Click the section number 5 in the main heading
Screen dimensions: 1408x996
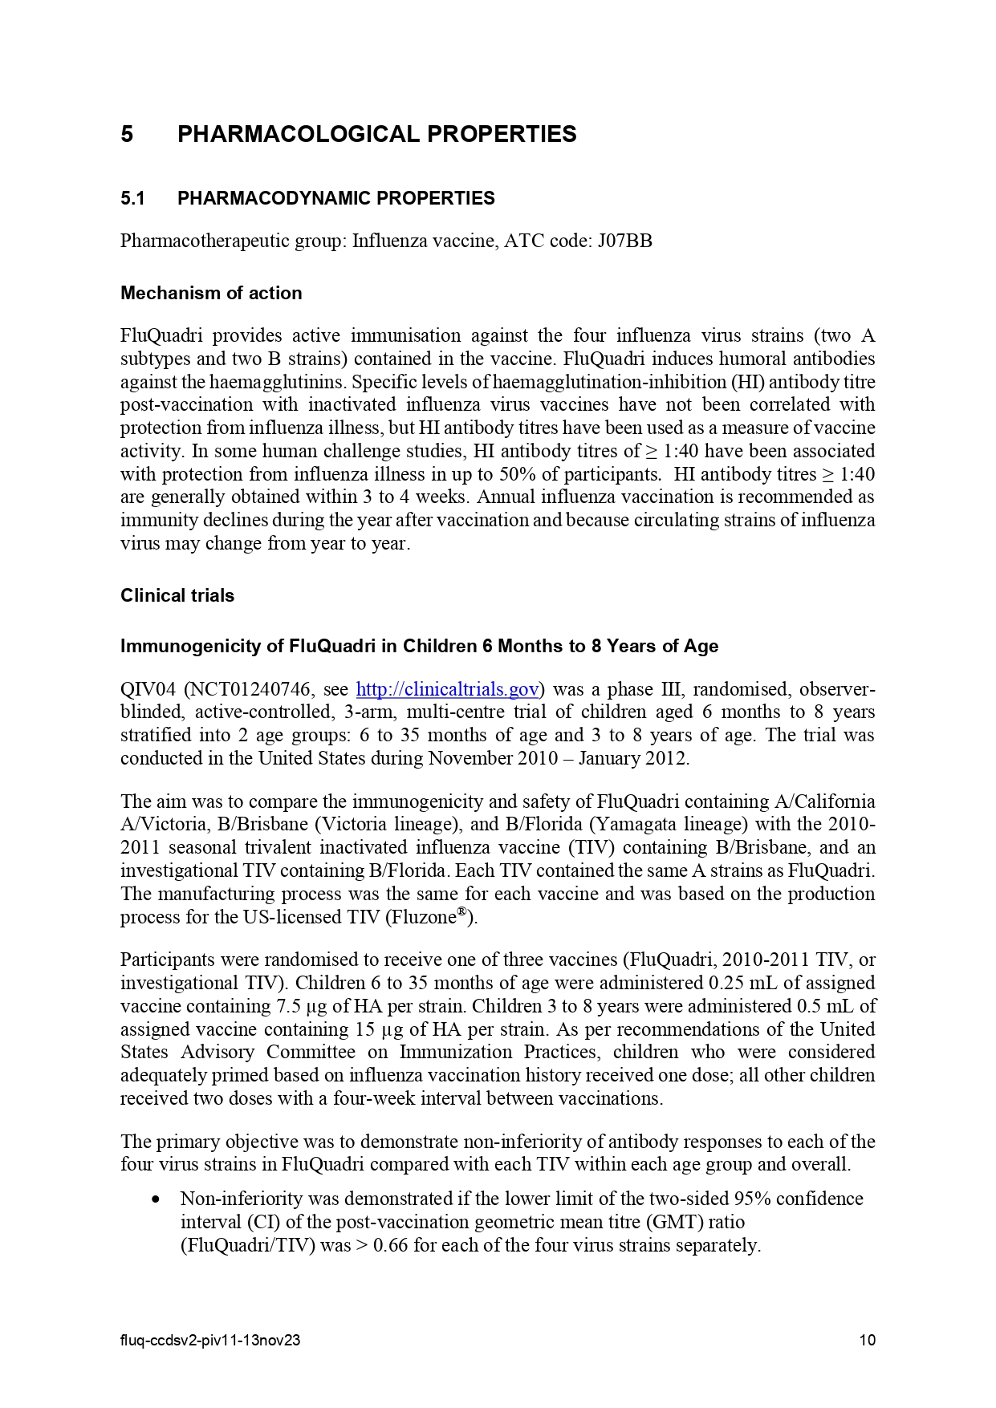pos(127,134)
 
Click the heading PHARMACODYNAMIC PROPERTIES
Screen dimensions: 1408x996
pos(335,198)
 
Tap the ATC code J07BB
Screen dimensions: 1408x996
pos(624,241)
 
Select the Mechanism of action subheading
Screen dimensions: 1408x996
pos(211,293)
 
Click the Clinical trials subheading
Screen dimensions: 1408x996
pos(177,595)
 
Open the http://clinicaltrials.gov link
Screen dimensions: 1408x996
pos(447,689)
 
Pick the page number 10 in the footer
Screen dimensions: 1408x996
pos(867,1340)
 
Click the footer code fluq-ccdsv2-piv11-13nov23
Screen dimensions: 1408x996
pos(210,1340)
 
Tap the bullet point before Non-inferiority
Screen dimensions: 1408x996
pos(156,1199)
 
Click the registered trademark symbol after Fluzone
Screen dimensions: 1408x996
pos(462,912)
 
